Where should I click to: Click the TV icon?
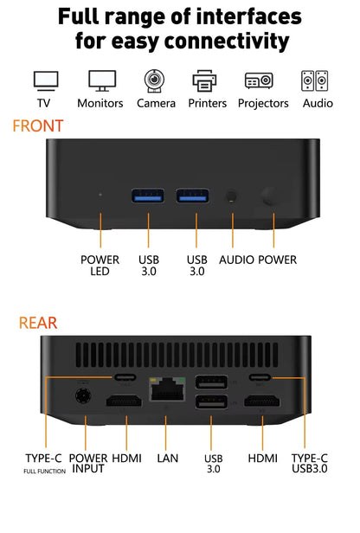[45, 80]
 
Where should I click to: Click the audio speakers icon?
[314, 80]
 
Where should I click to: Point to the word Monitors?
[100, 103]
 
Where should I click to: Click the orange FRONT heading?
[37, 126]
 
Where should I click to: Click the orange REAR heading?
[38, 323]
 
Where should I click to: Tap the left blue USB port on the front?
[146, 195]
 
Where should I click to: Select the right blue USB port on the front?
[192, 195]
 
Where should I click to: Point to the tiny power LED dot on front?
[100, 195]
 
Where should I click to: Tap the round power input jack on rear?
[85, 397]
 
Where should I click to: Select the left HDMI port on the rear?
[125, 401]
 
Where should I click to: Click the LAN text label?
[167, 457]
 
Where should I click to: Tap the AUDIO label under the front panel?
[236, 260]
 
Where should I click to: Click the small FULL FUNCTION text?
[44, 472]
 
